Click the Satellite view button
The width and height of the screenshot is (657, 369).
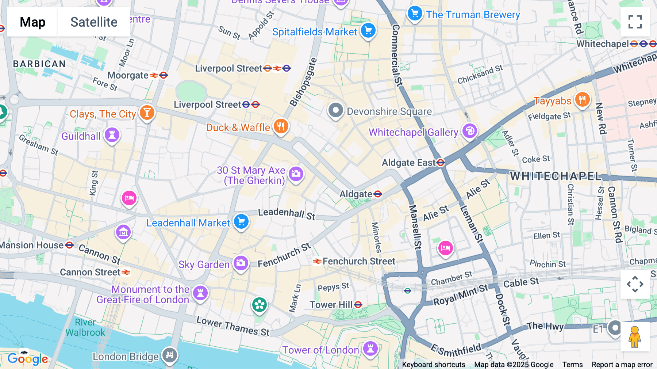pos(94,22)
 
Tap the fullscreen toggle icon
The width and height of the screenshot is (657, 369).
pos(635,22)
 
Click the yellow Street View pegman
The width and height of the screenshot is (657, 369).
pos(635,337)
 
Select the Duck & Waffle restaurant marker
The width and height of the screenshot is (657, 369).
pos(281,126)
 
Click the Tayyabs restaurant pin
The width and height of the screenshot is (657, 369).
pos(582,100)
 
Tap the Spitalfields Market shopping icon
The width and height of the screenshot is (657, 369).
pos(368,31)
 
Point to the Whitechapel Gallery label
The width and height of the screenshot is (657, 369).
pos(413,132)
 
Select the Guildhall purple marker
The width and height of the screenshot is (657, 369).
pos(112,135)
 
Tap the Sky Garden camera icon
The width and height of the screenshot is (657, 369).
pos(241,263)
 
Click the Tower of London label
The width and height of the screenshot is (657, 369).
pos(320,350)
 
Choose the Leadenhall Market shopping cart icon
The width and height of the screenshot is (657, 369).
pos(241,221)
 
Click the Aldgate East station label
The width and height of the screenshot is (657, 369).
pos(408,163)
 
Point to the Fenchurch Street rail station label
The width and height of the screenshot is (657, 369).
pos(358,261)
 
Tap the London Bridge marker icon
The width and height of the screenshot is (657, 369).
pos(170,355)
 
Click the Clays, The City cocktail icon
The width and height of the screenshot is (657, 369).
pos(147,113)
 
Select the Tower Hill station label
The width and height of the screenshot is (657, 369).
pos(331,305)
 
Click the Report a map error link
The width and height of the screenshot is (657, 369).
pos(622,365)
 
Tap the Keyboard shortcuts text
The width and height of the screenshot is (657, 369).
pos(433,365)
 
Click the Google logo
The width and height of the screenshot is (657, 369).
pos(28,359)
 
